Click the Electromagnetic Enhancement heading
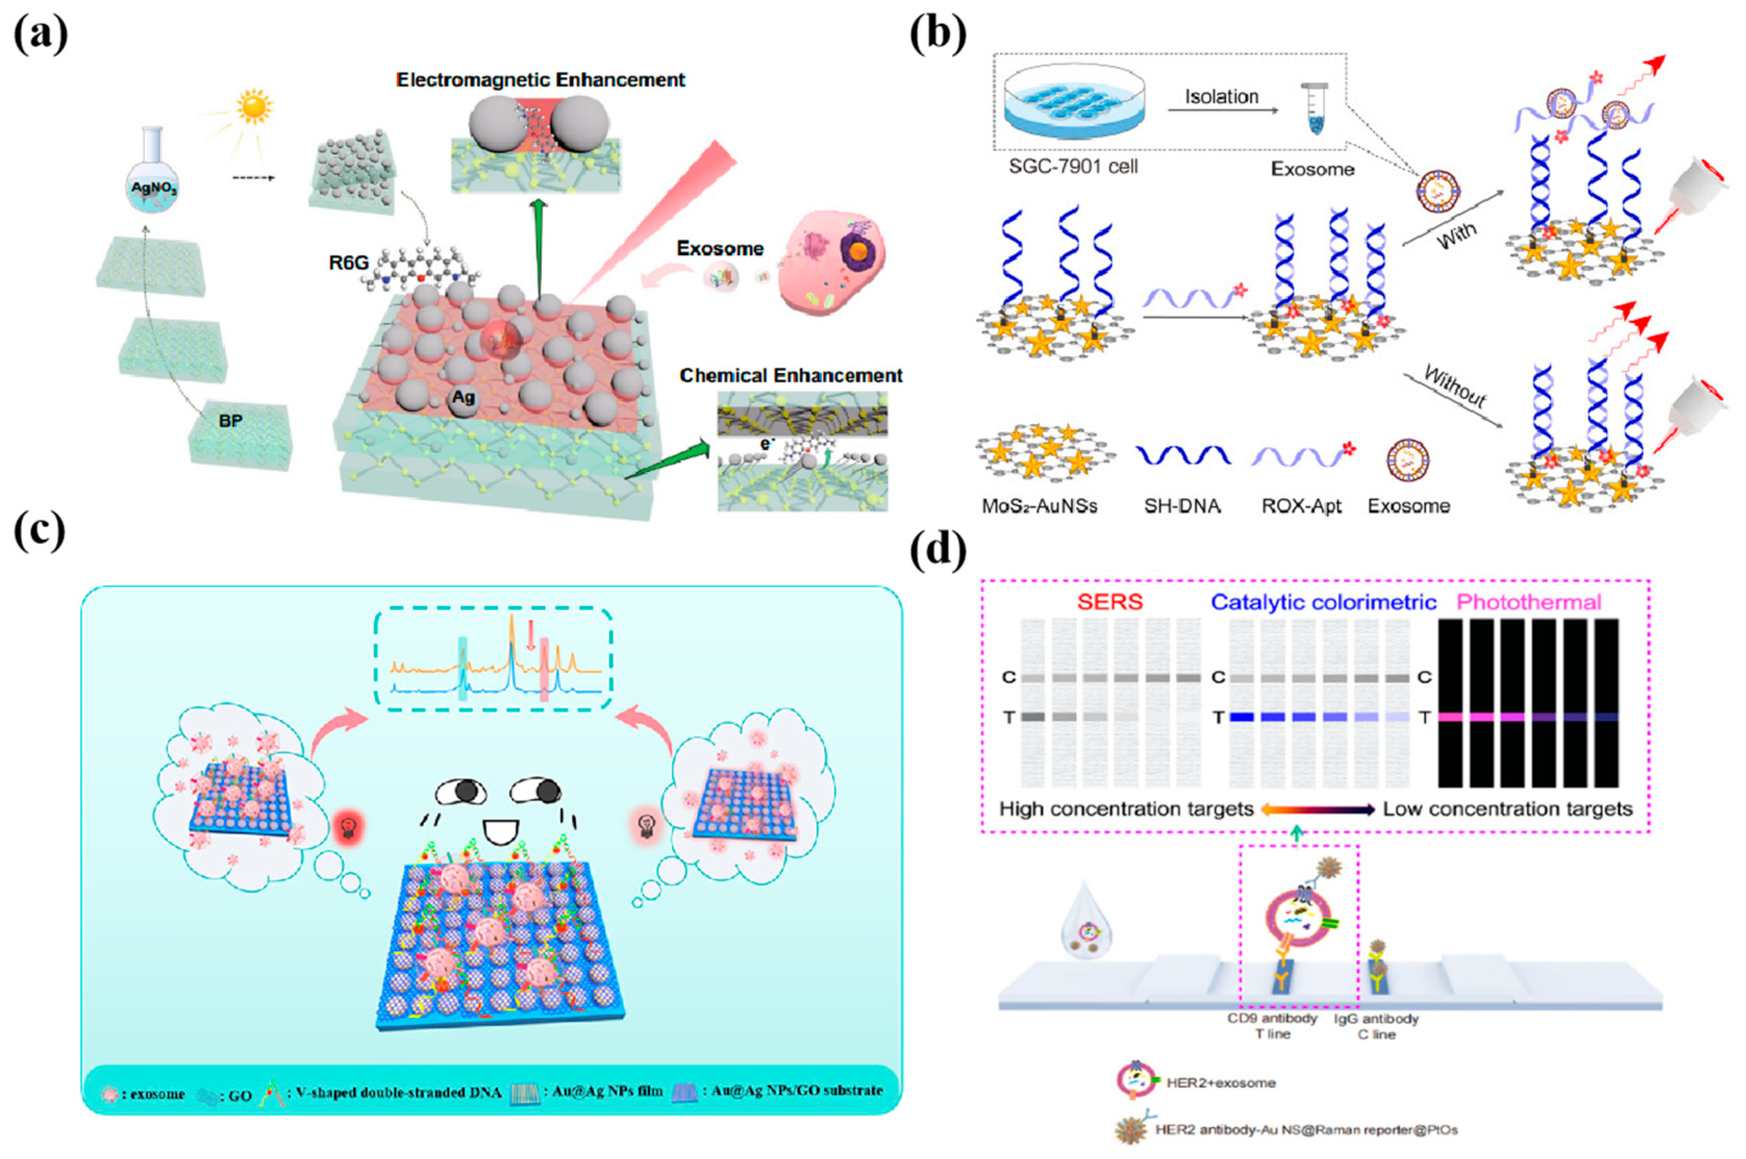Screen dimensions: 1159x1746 (x=541, y=80)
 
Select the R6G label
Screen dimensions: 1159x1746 (x=348, y=262)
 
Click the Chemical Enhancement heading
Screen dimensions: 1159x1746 (x=790, y=375)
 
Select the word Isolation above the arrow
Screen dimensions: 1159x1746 (x=1221, y=97)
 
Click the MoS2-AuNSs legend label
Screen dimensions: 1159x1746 (x=1038, y=506)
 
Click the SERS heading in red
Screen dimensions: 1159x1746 (x=1110, y=602)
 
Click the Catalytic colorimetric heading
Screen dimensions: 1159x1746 (x=1323, y=602)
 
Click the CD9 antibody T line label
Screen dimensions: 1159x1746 (x=1272, y=1026)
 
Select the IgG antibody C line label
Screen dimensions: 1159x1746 (x=1376, y=1026)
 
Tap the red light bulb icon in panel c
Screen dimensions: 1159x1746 (x=347, y=826)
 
